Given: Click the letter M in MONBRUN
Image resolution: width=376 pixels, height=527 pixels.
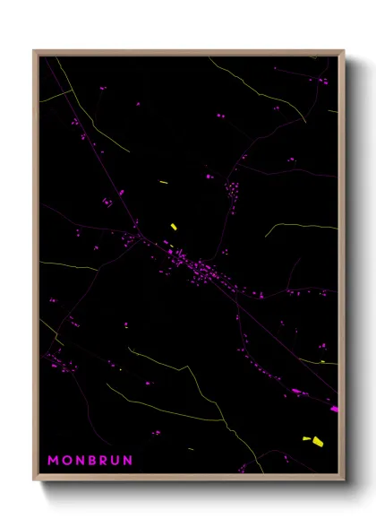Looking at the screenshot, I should tap(53, 461).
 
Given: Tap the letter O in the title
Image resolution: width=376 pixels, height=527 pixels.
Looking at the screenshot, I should tap(65, 461).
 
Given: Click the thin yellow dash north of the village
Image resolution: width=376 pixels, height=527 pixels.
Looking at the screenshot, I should tap(164, 182).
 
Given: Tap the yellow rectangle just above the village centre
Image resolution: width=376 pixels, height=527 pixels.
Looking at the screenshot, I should tap(173, 227).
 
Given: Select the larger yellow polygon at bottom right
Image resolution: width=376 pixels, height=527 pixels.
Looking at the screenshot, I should tap(317, 441).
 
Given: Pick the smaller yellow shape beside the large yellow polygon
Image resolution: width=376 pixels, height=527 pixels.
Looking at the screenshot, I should tap(305, 438).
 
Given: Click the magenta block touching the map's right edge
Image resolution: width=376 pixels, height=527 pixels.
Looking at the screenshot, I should tap(335, 409).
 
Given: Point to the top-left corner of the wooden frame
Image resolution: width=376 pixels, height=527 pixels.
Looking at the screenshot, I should tap(35, 52).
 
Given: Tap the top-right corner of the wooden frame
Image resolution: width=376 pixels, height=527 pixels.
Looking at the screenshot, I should tap(344, 52).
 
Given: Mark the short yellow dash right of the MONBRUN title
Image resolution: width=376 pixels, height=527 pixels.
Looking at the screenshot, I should tap(190, 448).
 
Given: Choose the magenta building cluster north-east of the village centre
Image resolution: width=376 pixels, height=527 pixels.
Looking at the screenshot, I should tap(232, 194).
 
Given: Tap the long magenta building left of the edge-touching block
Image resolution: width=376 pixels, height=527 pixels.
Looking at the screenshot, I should tap(296, 391).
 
